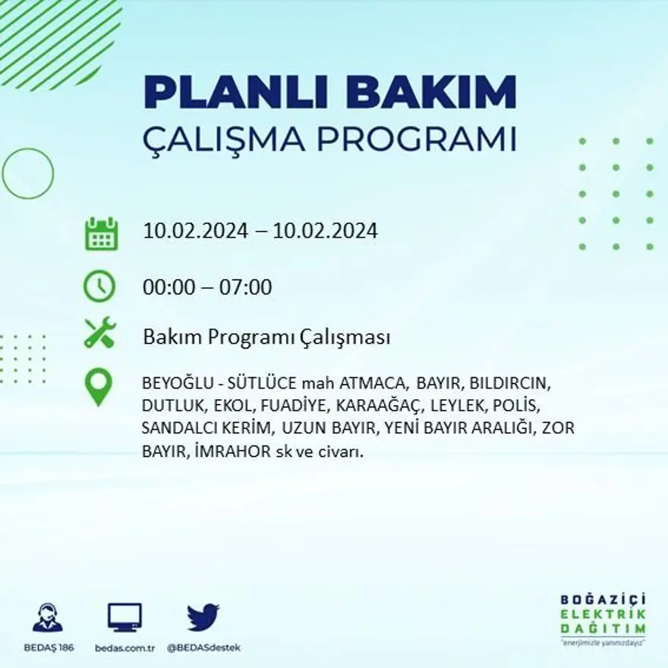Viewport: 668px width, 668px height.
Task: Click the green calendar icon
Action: (101, 234)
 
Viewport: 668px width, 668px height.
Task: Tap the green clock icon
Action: (99, 286)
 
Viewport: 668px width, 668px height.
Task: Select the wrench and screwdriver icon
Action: (99, 333)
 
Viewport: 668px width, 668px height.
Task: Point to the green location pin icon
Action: (98, 386)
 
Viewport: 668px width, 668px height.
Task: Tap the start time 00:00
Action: (166, 288)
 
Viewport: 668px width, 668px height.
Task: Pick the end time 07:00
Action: (246, 288)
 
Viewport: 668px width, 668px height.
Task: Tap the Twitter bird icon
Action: (203, 617)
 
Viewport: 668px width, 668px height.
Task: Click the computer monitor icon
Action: (124, 617)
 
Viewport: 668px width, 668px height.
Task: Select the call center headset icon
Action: (48, 617)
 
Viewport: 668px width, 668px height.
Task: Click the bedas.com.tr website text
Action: (125, 648)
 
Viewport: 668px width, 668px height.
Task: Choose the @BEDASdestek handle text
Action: (203, 648)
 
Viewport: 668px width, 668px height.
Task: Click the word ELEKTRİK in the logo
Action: (603, 614)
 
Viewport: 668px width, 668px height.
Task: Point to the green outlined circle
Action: (28, 173)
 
